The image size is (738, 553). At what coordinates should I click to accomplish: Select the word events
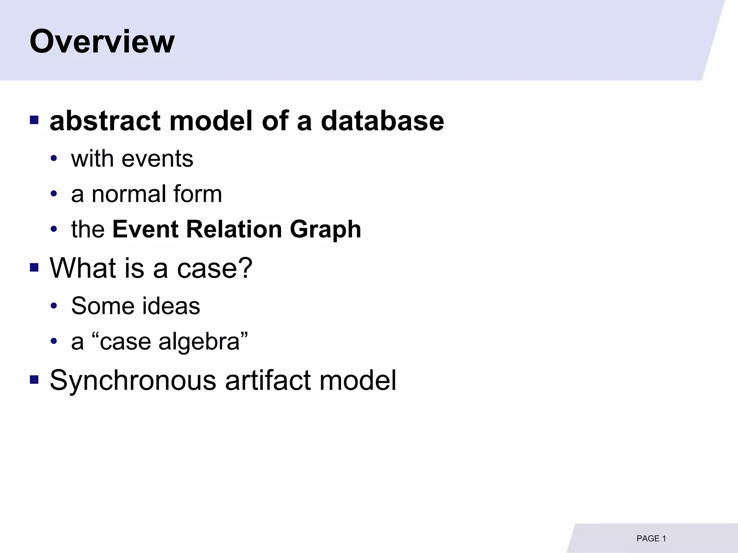[x=157, y=159]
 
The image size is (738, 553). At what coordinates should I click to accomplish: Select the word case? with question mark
[x=215, y=269]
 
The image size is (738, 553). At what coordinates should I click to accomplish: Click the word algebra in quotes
[x=199, y=342]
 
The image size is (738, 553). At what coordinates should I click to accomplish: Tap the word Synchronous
[x=133, y=381]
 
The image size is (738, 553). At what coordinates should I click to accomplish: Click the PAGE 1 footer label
[x=651, y=539]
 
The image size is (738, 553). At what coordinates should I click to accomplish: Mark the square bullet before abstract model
[x=34, y=120]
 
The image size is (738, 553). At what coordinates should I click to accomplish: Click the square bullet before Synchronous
[x=34, y=379]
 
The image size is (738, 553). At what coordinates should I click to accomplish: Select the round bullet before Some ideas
[x=54, y=306]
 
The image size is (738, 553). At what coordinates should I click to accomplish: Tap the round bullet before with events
[x=54, y=158]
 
